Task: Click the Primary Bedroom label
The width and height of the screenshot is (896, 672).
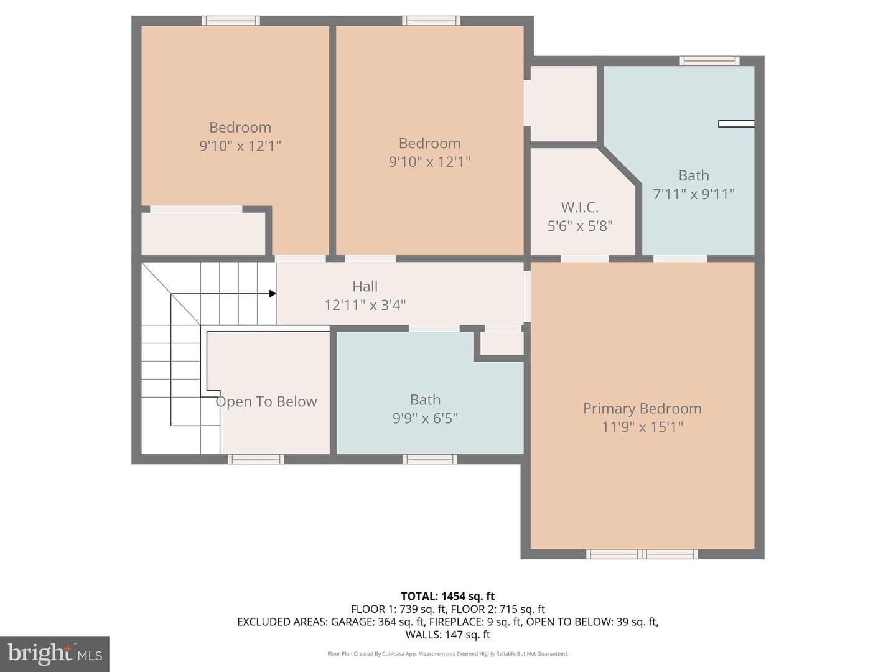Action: point(642,408)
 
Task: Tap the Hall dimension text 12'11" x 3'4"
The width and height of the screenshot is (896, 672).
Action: point(365,305)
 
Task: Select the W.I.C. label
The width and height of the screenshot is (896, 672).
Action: point(580,207)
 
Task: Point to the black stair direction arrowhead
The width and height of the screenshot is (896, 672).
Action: point(273,293)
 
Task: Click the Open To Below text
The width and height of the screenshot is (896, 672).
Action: point(266,401)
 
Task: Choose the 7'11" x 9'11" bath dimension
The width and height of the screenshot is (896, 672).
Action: point(694,194)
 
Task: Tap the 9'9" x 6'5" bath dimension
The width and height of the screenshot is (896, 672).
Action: point(425,418)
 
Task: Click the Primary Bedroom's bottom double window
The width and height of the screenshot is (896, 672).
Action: point(642,554)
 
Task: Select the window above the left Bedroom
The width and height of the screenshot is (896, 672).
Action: point(231,21)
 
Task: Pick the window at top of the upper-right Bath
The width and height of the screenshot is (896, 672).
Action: point(709,61)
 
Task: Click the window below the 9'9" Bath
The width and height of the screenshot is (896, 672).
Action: point(430,459)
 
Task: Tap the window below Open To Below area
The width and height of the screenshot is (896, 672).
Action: point(256,459)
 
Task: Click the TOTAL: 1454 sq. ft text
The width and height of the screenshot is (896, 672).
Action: point(448,597)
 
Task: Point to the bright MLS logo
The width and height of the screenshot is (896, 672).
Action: point(55,653)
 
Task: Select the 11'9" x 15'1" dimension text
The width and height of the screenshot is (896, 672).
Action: point(643,427)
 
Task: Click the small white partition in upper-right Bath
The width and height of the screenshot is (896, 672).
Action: point(736,124)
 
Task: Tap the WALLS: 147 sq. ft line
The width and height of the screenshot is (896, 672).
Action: point(448,635)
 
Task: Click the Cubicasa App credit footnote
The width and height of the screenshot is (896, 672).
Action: point(448,653)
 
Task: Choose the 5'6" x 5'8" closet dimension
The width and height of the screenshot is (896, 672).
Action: point(580,226)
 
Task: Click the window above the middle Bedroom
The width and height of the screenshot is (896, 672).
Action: point(431,21)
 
